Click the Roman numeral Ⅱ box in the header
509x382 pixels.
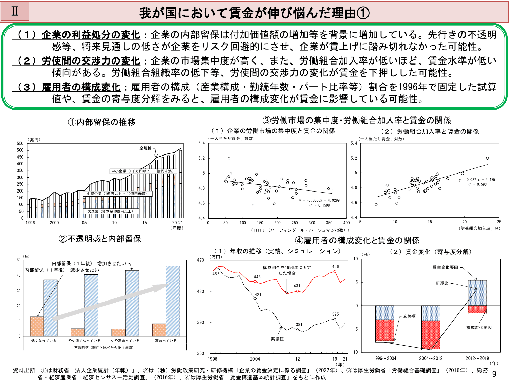[x=15, y=12]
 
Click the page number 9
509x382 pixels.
[x=494, y=374]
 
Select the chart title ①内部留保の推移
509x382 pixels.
[x=101, y=122]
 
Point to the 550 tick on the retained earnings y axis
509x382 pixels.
[x=20, y=144]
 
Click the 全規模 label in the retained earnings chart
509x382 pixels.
[x=145, y=148]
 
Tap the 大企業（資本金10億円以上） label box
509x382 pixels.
[x=110, y=211]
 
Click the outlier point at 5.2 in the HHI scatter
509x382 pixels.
[x=229, y=158]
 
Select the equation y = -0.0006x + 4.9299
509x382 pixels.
[x=319, y=200]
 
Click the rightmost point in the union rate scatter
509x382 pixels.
[x=487, y=158]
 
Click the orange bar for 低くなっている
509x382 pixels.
[x=37, y=326]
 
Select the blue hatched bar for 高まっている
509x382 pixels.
[x=173, y=301]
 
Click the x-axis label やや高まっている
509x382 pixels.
[x=125, y=341]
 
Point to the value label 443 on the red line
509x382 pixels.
[x=257, y=277]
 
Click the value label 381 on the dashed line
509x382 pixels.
[x=299, y=325]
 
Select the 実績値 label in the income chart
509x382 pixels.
[x=277, y=339]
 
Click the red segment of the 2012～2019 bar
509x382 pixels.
[x=477, y=309]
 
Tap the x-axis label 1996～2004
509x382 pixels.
[x=384, y=358]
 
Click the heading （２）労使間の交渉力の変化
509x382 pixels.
[x=76, y=61]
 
